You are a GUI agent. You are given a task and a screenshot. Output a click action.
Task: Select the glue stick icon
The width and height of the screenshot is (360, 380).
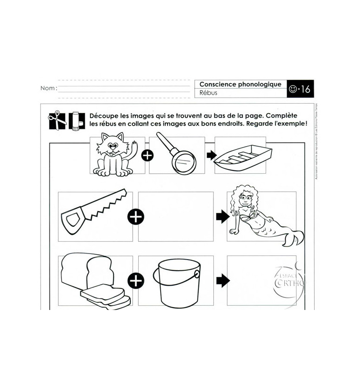click(x=76, y=121)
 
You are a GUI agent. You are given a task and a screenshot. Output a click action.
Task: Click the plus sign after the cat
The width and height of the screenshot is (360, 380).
click(x=148, y=155)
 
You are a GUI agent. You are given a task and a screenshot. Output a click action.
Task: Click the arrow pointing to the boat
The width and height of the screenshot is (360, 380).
click(x=211, y=155)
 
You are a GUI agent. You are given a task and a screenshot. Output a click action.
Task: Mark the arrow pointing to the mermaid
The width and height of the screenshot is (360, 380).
click(x=223, y=216)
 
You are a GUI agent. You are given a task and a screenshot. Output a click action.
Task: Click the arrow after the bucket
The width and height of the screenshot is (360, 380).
click(x=223, y=281)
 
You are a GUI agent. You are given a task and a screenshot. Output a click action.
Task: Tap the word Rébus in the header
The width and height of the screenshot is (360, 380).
click(x=209, y=93)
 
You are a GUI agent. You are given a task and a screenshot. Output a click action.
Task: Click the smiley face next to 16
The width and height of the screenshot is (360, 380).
click(x=293, y=89)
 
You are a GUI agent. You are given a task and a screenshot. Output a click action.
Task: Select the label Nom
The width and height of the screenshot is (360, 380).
click(x=49, y=88)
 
